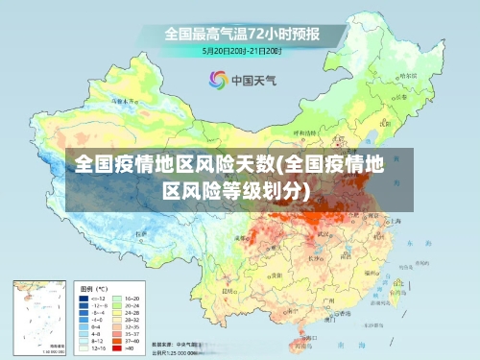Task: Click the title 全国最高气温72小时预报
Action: pos(240,35)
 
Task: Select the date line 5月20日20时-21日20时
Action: pos(240,50)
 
